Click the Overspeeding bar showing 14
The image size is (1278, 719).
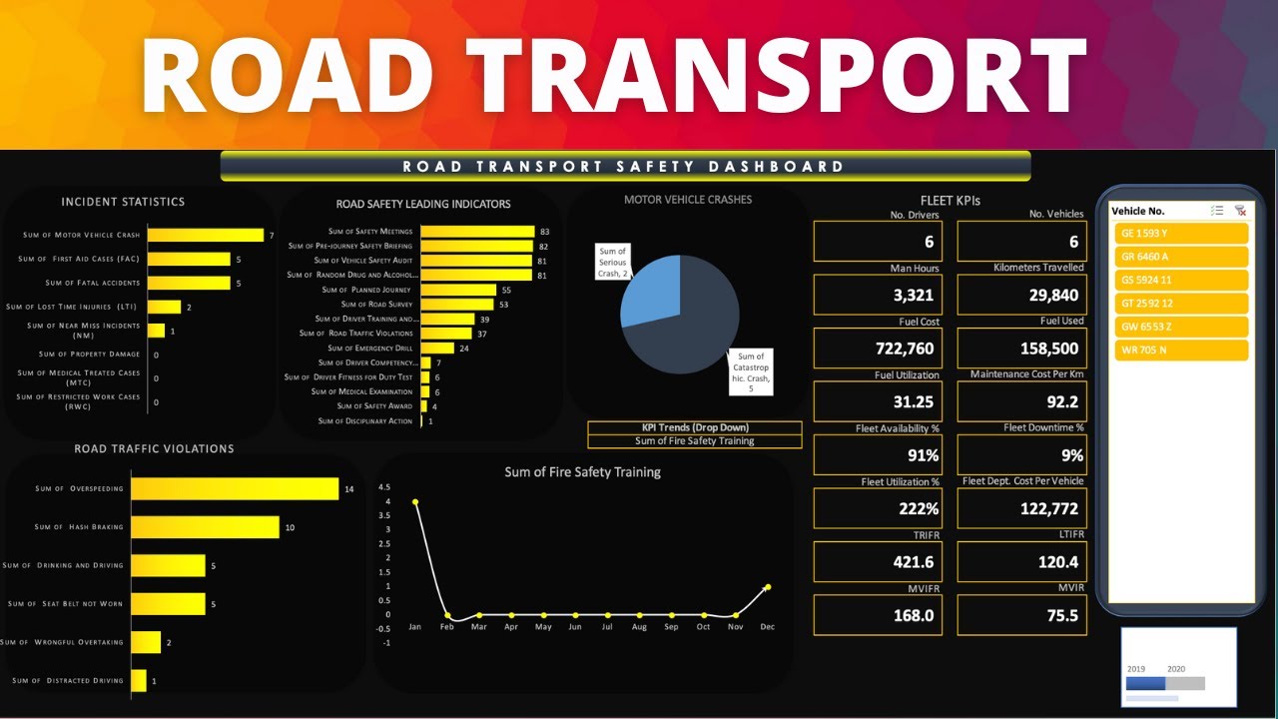(235, 488)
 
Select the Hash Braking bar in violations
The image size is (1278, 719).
(205, 527)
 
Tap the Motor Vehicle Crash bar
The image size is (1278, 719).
(205, 236)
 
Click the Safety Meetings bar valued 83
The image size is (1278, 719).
(477, 231)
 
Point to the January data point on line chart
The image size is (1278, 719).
(415, 502)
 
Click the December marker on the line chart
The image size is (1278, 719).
(767, 587)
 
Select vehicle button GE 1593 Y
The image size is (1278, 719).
(1181, 233)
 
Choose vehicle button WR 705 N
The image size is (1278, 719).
(1181, 351)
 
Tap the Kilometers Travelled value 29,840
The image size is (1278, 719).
(1021, 295)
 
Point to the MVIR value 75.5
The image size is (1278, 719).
(1021, 616)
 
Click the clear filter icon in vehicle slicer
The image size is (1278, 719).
(1240, 211)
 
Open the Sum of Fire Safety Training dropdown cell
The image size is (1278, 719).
(694, 440)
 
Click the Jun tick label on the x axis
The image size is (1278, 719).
(575, 627)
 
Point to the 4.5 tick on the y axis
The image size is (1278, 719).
(384, 487)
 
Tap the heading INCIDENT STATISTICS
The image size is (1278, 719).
(123, 202)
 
